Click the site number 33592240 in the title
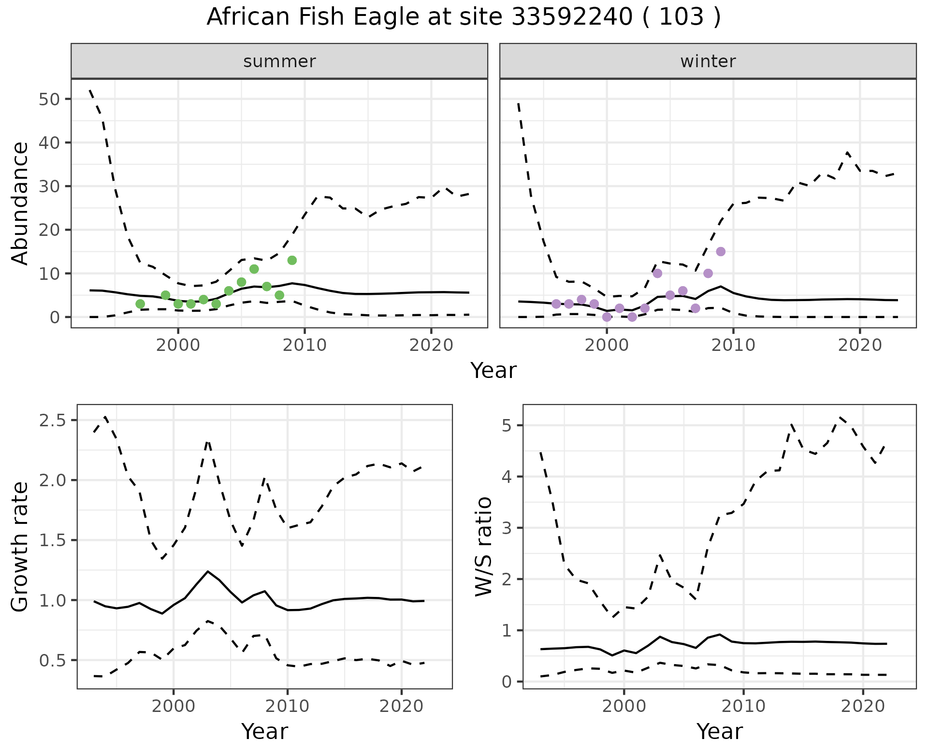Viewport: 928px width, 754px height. click(571, 17)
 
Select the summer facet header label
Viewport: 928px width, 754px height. click(279, 61)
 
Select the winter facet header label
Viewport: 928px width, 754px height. click(708, 61)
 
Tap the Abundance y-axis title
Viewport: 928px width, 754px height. click(20, 203)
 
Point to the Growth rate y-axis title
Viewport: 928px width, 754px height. click(20, 547)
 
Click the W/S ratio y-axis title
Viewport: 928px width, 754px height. click(483, 547)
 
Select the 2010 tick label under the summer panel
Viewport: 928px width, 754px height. click(304, 345)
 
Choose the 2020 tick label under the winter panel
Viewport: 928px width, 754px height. click(860, 345)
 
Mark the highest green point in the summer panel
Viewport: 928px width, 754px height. click(292, 261)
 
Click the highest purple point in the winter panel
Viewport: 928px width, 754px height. click(721, 252)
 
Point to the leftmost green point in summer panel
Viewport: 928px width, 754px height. click(140, 304)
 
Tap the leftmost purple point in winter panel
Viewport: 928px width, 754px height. click(556, 304)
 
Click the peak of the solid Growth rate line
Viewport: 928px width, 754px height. click(207, 571)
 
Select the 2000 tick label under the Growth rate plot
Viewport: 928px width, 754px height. click(174, 707)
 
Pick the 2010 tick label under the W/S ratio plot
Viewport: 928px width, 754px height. click(743, 707)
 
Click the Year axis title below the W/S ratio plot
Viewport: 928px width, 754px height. click(719, 732)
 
